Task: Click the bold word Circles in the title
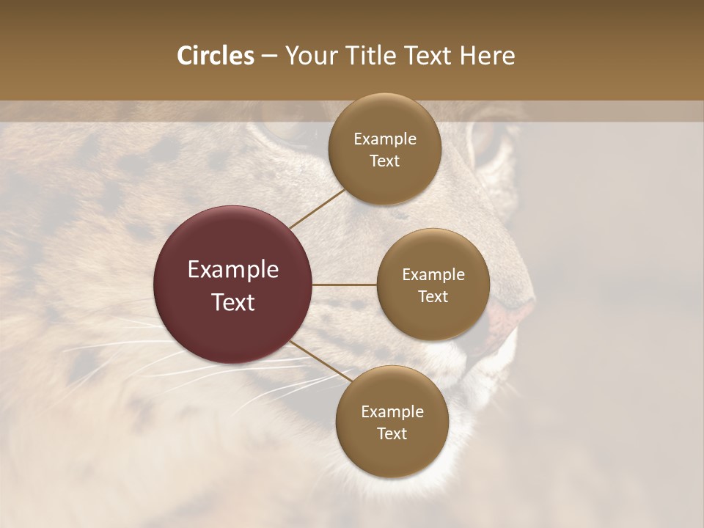(x=215, y=56)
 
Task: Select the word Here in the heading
(x=486, y=56)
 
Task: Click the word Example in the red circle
(x=233, y=270)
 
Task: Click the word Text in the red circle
(x=233, y=301)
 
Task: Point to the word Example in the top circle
(x=385, y=139)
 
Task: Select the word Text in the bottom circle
(x=392, y=433)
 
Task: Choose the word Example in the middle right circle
(x=433, y=274)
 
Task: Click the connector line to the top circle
(x=317, y=208)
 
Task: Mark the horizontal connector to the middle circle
(x=345, y=285)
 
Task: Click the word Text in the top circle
(x=385, y=161)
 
